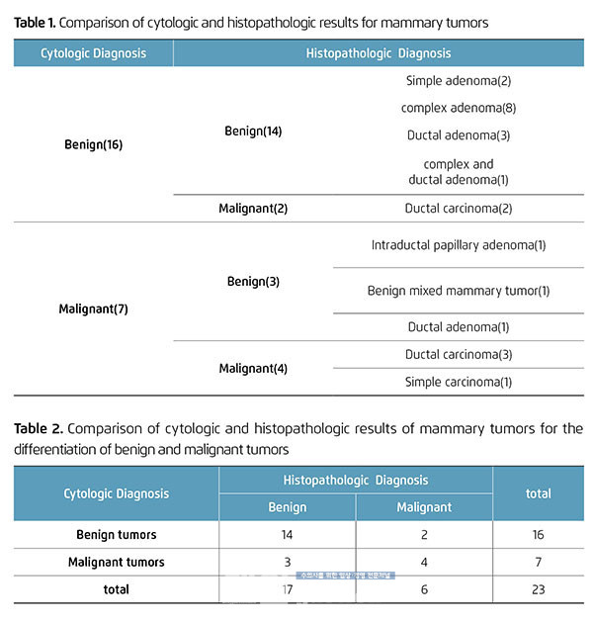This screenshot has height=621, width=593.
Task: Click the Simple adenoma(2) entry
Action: point(458,80)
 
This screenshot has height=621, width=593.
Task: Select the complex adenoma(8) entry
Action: point(458,108)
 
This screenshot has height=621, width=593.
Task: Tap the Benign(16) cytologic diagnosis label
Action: point(92,144)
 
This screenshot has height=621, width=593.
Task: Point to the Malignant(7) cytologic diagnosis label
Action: point(92,309)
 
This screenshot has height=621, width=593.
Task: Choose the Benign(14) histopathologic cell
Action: point(254,131)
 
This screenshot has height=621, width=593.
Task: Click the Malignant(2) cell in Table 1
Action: point(254,209)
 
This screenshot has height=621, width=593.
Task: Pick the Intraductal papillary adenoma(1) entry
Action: point(458,245)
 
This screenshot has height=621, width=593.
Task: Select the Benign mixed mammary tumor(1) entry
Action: point(458,291)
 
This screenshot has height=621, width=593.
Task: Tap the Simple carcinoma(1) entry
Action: point(458,382)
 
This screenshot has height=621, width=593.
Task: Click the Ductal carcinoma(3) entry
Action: point(458,354)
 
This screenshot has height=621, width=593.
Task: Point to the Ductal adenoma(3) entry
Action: point(458,135)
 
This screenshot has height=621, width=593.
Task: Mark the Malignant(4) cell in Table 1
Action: point(254,368)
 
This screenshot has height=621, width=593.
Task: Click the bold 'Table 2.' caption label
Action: point(39,428)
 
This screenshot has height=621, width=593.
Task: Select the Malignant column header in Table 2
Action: point(423,507)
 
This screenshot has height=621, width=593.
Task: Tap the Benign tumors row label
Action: point(117,535)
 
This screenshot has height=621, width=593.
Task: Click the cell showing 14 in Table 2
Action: point(288,535)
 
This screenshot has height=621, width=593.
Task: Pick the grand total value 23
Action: point(538,589)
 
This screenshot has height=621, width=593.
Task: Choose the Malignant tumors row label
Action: point(117,562)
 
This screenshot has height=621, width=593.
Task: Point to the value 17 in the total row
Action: point(288,589)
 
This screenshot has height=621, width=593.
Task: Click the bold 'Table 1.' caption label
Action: point(35,21)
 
